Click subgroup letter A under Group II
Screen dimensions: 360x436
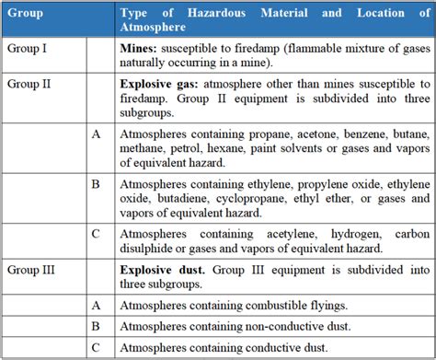coord(97,134)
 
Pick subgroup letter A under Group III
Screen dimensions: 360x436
coord(97,305)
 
